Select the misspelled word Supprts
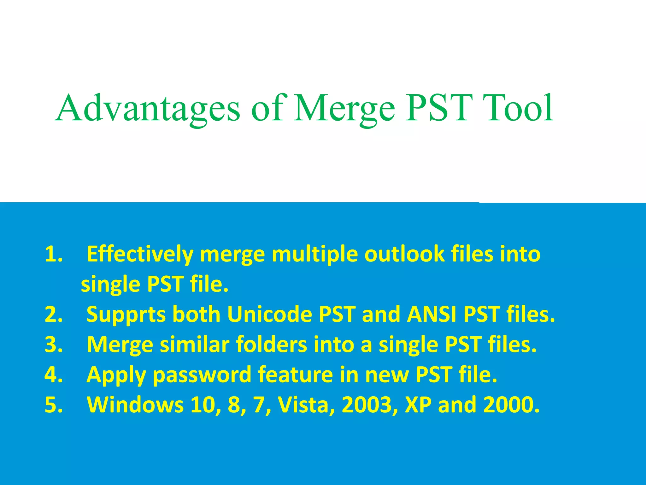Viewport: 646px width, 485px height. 126,315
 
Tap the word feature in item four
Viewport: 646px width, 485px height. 295,374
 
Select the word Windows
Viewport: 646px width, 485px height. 135,405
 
